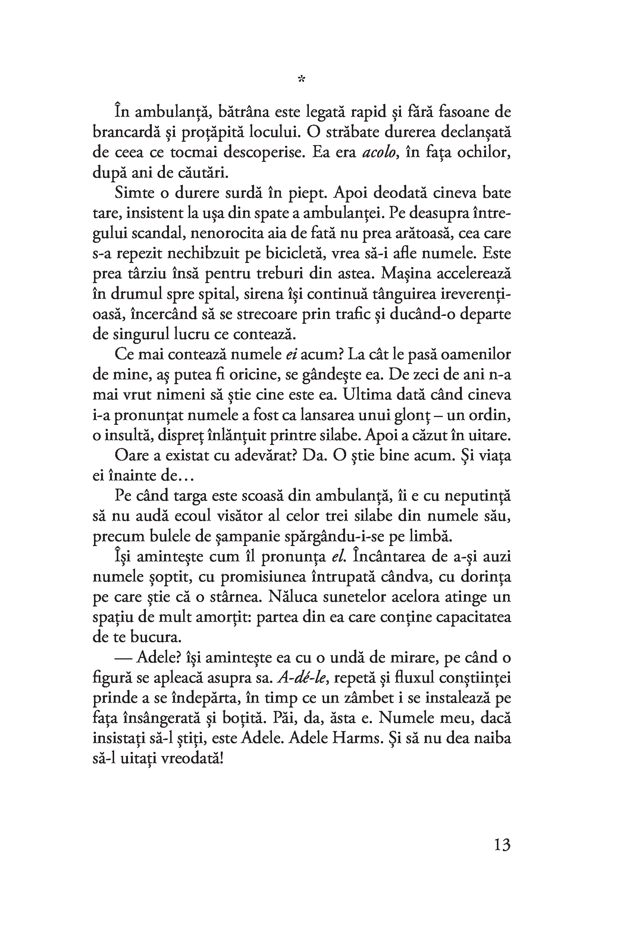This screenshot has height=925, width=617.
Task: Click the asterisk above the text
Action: [301, 79]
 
